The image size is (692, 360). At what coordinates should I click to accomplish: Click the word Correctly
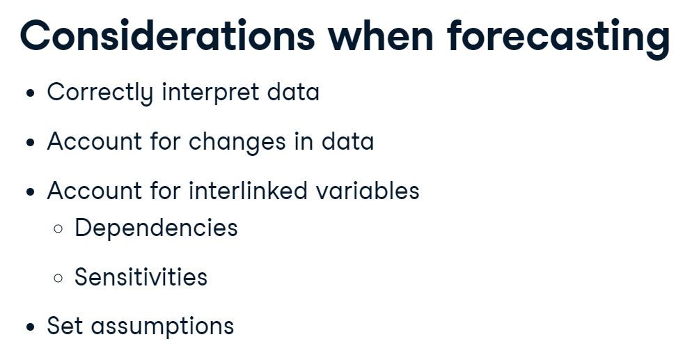100,93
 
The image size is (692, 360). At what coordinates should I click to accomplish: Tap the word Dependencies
156,228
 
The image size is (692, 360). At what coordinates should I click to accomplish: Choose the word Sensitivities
141,277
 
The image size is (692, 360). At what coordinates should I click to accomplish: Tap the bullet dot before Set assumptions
30,327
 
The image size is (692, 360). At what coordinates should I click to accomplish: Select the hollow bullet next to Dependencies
58,229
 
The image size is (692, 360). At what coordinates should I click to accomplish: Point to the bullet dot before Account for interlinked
30,192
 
